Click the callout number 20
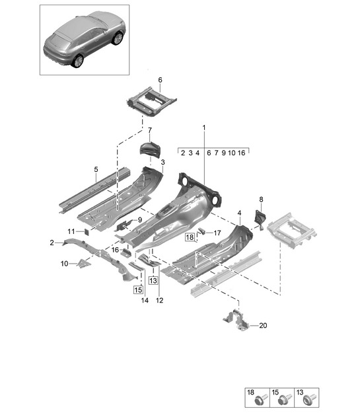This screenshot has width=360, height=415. [x=263, y=325]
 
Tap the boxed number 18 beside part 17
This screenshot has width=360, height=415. [x=190, y=237]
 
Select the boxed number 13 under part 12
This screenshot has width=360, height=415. [x=153, y=280]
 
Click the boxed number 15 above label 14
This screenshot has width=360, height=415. [x=138, y=290]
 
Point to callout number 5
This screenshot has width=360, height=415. [x=96, y=169]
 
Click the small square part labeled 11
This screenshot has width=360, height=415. [x=86, y=232]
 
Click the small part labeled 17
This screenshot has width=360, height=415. [x=202, y=231]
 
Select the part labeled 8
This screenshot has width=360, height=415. [x=260, y=218]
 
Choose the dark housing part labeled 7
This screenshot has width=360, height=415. [x=150, y=150]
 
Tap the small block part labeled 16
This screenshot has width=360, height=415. [x=126, y=252]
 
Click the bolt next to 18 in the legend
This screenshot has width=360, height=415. [x=261, y=400]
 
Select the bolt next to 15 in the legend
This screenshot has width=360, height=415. [x=285, y=400]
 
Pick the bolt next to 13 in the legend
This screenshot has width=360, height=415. [x=309, y=400]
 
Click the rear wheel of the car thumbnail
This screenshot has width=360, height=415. [x=78, y=61]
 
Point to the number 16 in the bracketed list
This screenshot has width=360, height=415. [x=241, y=153]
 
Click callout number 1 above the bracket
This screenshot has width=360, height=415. [x=204, y=128]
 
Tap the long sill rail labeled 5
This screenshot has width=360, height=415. [x=94, y=190]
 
